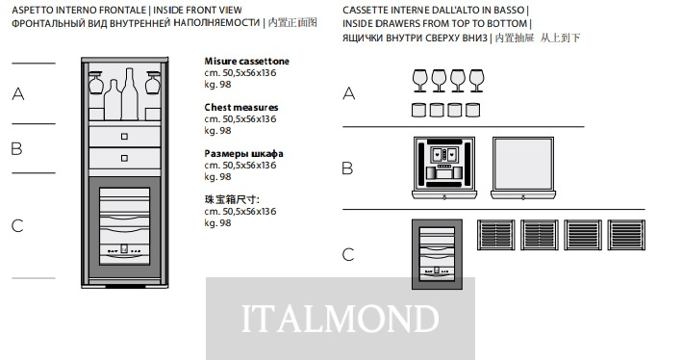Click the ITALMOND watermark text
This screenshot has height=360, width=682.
(x=340, y=319)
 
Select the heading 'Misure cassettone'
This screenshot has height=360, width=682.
(x=246, y=61)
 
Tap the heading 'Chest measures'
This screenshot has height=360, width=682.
(x=241, y=107)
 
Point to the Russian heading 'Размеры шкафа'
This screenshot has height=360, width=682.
(x=243, y=153)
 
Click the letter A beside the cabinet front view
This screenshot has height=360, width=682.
(x=18, y=93)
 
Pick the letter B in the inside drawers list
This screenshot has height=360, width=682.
(x=347, y=168)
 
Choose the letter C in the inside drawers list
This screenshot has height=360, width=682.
(x=348, y=255)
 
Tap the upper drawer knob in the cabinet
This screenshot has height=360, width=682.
(x=124, y=137)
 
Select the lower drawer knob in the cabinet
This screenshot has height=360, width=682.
(x=124, y=158)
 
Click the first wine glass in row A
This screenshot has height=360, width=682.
(x=419, y=81)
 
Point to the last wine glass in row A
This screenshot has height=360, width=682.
(x=476, y=81)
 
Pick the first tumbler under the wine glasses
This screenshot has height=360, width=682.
(x=418, y=110)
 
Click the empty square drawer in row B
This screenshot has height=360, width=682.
(x=523, y=168)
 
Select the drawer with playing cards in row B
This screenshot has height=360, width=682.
(x=444, y=168)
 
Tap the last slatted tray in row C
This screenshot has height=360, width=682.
(x=626, y=235)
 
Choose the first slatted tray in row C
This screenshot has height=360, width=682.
(x=495, y=235)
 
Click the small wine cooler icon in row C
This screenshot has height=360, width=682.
(x=437, y=254)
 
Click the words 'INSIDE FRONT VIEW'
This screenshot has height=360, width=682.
(x=197, y=10)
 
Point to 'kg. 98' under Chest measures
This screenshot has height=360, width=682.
(x=217, y=130)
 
